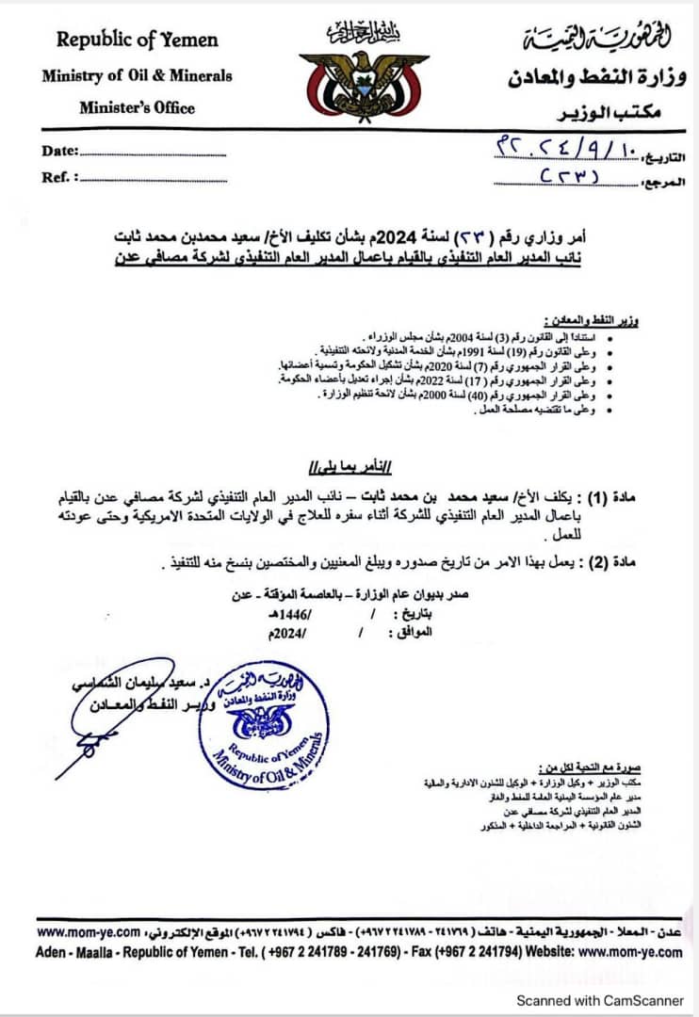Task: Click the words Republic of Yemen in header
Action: pos(137,40)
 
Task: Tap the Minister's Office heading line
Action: pos(137,107)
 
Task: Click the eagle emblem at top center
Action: pos(349,81)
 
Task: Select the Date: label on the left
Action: pos(60,151)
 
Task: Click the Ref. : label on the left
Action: pos(60,176)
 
